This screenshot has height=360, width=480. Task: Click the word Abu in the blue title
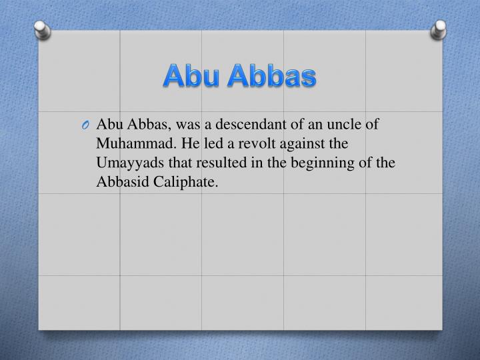coord(192,76)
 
